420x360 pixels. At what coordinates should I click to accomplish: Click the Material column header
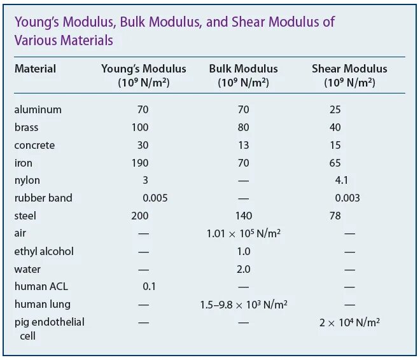click(x=35, y=69)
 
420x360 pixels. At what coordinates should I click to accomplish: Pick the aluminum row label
click(x=38, y=109)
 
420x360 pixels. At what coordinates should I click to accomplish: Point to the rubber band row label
click(x=43, y=198)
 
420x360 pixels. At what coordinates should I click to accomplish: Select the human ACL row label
click(x=41, y=286)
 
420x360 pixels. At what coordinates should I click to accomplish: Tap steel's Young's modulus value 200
click(x=140, y=216)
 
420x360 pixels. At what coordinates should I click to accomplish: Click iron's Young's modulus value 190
click(x=140, y=163)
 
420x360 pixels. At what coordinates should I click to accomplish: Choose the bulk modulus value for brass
click(x=243, y=127)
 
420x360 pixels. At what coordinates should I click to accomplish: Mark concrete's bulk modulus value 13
click(x=243, y=145)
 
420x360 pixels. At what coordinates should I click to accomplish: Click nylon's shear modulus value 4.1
click(x=341, y=180)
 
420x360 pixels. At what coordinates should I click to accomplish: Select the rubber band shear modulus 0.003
click(x=347, y=198)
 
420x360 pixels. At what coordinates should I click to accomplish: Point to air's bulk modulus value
click(x=244, y=233)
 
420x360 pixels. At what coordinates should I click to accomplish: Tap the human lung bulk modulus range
click(x=244, y=305)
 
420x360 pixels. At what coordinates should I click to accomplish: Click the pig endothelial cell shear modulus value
click(x=349, y=322)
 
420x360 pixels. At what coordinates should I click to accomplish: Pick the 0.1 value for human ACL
click(x=150, y=286)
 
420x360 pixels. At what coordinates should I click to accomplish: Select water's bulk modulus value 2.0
click(x=243, y=269)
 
